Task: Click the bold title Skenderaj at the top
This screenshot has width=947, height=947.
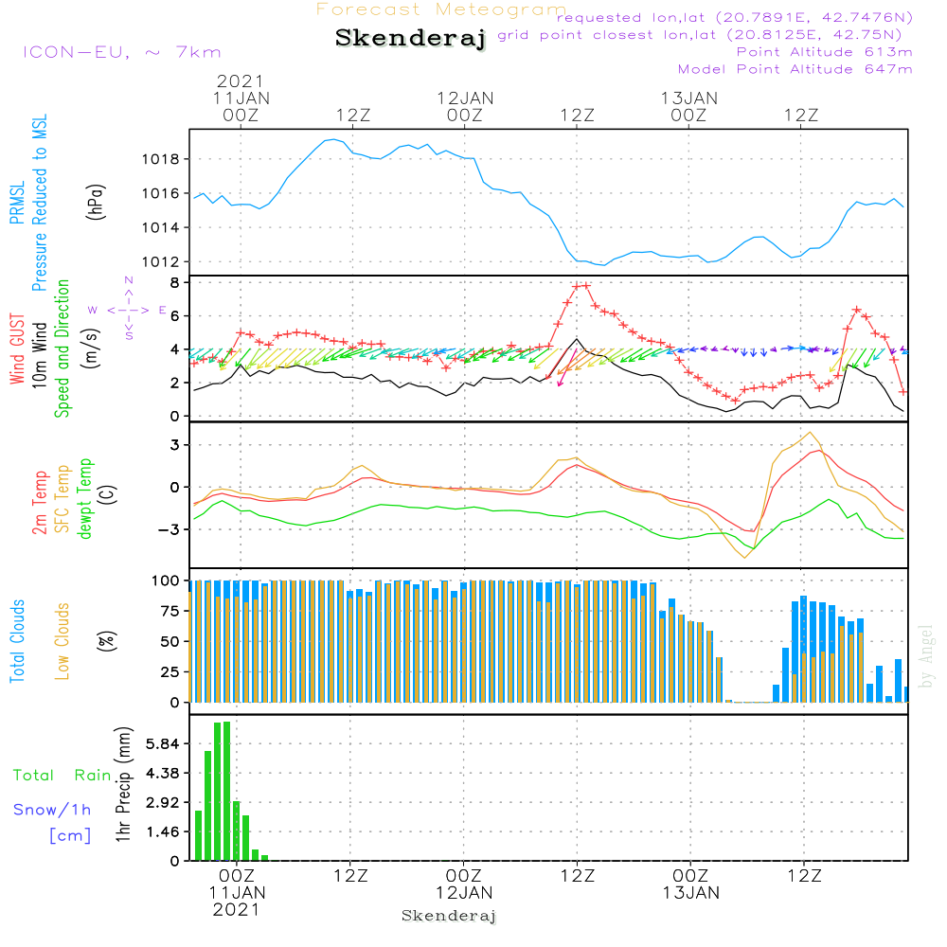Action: tap(410, 39)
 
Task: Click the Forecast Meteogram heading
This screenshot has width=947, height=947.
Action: tap(441, 9)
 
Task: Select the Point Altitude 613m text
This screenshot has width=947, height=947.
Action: tap(824, 52)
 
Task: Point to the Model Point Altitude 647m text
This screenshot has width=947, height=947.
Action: tap(795, 69)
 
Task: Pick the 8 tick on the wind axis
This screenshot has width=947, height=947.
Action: tap(174, 282)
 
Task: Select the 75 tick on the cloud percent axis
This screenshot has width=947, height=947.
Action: tap(168, 611)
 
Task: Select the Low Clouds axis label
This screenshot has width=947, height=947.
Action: tap(63, 640)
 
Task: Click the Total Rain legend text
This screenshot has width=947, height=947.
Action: tap(63, 775)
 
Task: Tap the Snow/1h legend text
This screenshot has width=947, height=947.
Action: tap(53, 810)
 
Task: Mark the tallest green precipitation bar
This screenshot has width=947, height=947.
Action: tap(226, 791)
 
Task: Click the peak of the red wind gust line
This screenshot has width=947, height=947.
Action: tap(581, 285)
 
